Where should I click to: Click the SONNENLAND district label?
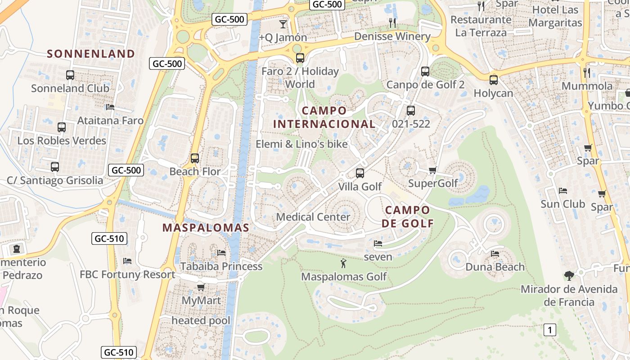point(91,54)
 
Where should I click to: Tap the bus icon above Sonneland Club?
point(70,75)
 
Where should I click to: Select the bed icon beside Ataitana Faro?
point(110,107)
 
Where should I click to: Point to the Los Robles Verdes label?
point(62,141)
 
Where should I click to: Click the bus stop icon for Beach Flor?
point(195,158)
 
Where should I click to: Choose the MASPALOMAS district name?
point(206,228)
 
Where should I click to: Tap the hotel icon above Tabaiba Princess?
point(221,252)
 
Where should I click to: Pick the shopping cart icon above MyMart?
point(201,287)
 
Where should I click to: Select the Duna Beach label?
point(495,267)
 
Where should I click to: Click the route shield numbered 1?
point(549,330)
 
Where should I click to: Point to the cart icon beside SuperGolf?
point(432,170)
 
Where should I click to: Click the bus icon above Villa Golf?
point(360,173)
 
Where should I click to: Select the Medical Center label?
point(313,217)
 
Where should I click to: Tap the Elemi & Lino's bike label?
point(301,144)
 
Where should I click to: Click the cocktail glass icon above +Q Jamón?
point(283,24)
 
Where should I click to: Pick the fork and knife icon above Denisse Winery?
point(392,22)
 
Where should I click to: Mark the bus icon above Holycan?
point(494,80)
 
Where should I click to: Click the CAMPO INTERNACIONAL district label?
point(324,117)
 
